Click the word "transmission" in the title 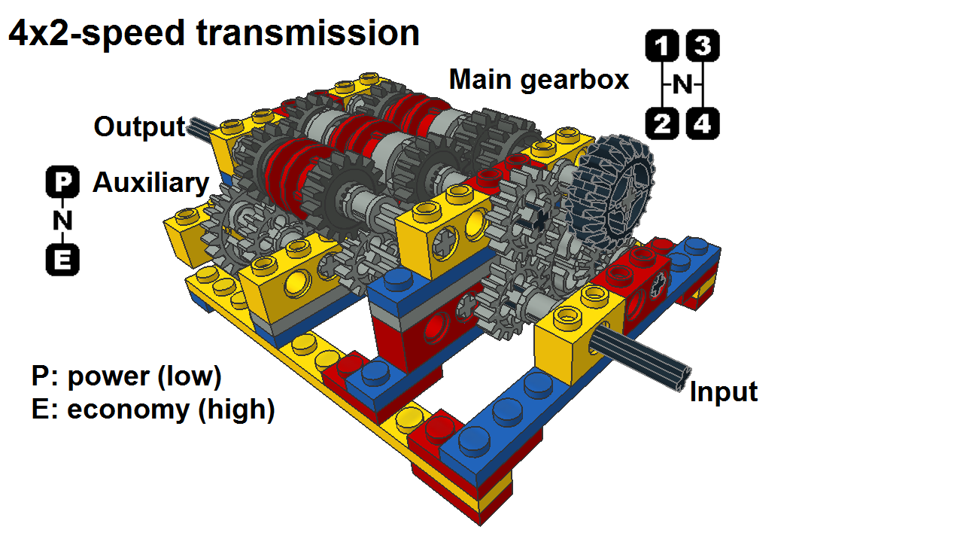(x=308, y=33)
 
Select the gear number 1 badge (x=662, y=46)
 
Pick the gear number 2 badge (x=662, y=123)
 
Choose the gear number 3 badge (x=703, y=46)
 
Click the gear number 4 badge (x=703, y=123)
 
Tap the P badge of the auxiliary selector (x=62, y=181)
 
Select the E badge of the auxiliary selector (x=62, y=260)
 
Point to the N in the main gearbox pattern (x=682, y=85)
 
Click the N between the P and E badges (x=62, y=221)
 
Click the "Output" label (x=139, y=127)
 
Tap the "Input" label (x=724, y=392)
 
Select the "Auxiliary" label (x=151, y=183)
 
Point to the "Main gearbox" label (x=539, y=80)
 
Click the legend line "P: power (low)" (x=126, y=376)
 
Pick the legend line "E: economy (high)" (x=153, y=409)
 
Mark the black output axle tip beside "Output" (x=201, y=127)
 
